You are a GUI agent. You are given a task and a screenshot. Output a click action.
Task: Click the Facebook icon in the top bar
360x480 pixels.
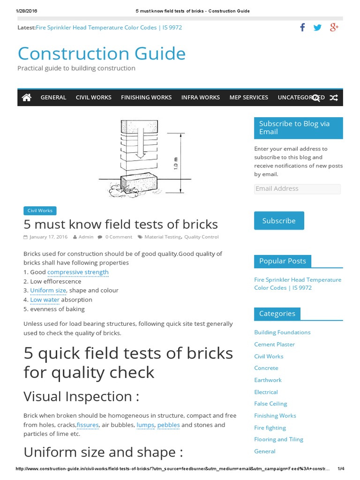point(302,28)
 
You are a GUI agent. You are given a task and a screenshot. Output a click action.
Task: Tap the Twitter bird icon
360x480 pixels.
point(318,28)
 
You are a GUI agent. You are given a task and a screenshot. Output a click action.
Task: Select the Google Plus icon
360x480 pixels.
point(334,28)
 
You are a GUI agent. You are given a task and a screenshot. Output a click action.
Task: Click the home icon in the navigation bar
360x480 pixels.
point(27,97)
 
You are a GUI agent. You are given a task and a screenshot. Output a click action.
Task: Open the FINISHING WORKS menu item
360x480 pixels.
point(146,97)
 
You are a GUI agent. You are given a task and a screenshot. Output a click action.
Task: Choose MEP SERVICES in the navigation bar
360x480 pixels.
point(248,97)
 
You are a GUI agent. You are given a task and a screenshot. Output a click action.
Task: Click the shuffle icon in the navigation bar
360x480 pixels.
point(333,97)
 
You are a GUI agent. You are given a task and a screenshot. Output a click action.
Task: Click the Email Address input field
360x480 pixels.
point(297,189)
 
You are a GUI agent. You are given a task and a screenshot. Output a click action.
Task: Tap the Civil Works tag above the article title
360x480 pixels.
point(40,211)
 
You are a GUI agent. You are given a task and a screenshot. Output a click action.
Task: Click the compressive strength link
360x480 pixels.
point(78,272)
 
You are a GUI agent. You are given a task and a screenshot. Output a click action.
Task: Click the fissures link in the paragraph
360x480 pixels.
point(88,425)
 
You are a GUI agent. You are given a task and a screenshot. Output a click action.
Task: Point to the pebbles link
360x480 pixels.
point(168,425)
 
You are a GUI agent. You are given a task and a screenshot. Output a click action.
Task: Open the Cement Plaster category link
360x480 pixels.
point(274,345)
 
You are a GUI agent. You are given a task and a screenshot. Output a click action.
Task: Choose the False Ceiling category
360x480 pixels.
point(270,404)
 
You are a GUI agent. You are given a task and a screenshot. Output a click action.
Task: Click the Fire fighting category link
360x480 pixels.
point(270,427)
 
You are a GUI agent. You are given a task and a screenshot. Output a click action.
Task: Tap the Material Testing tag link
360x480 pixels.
point(162,237)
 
